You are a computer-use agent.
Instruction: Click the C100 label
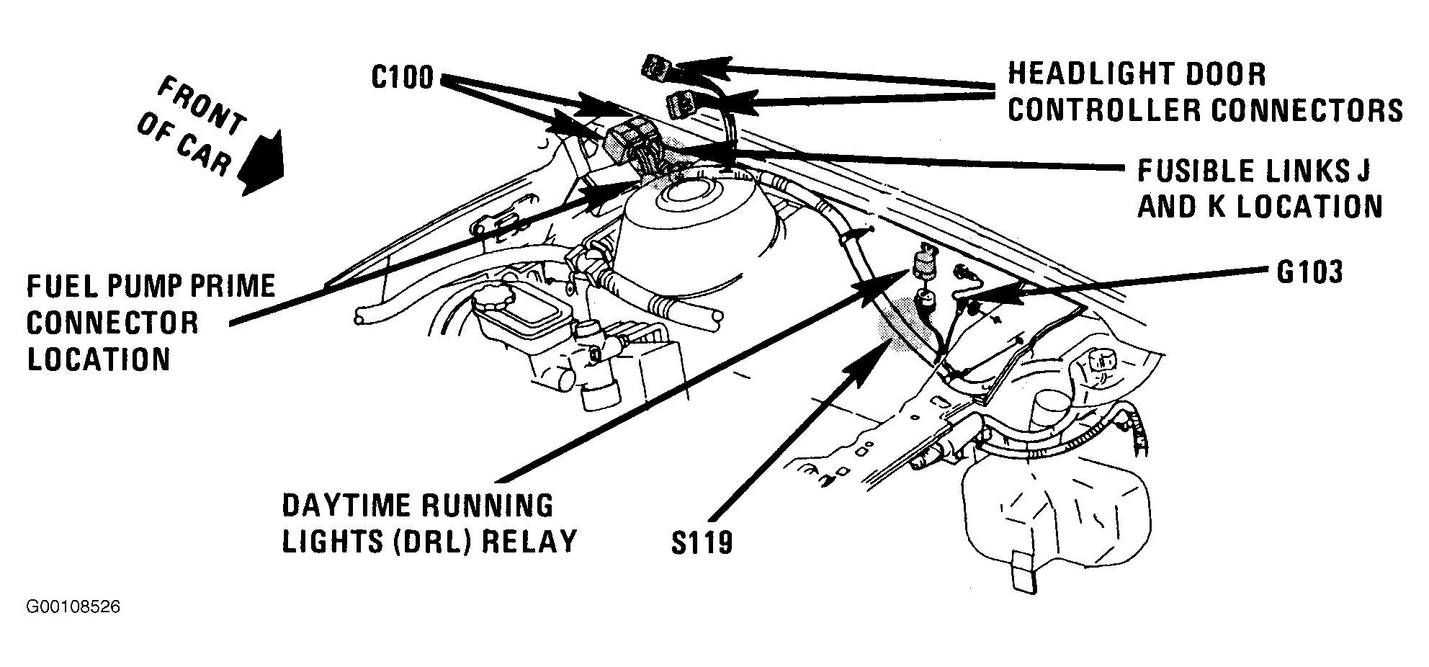pyautogui.click(x=403, y=76)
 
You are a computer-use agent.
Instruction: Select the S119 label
pyautogui.click(x=702, y=542)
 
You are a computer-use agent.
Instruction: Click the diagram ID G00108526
pyautogui.click(x=73, y=607)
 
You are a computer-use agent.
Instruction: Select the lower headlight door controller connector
pyautogui.click(x=682, y=105)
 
